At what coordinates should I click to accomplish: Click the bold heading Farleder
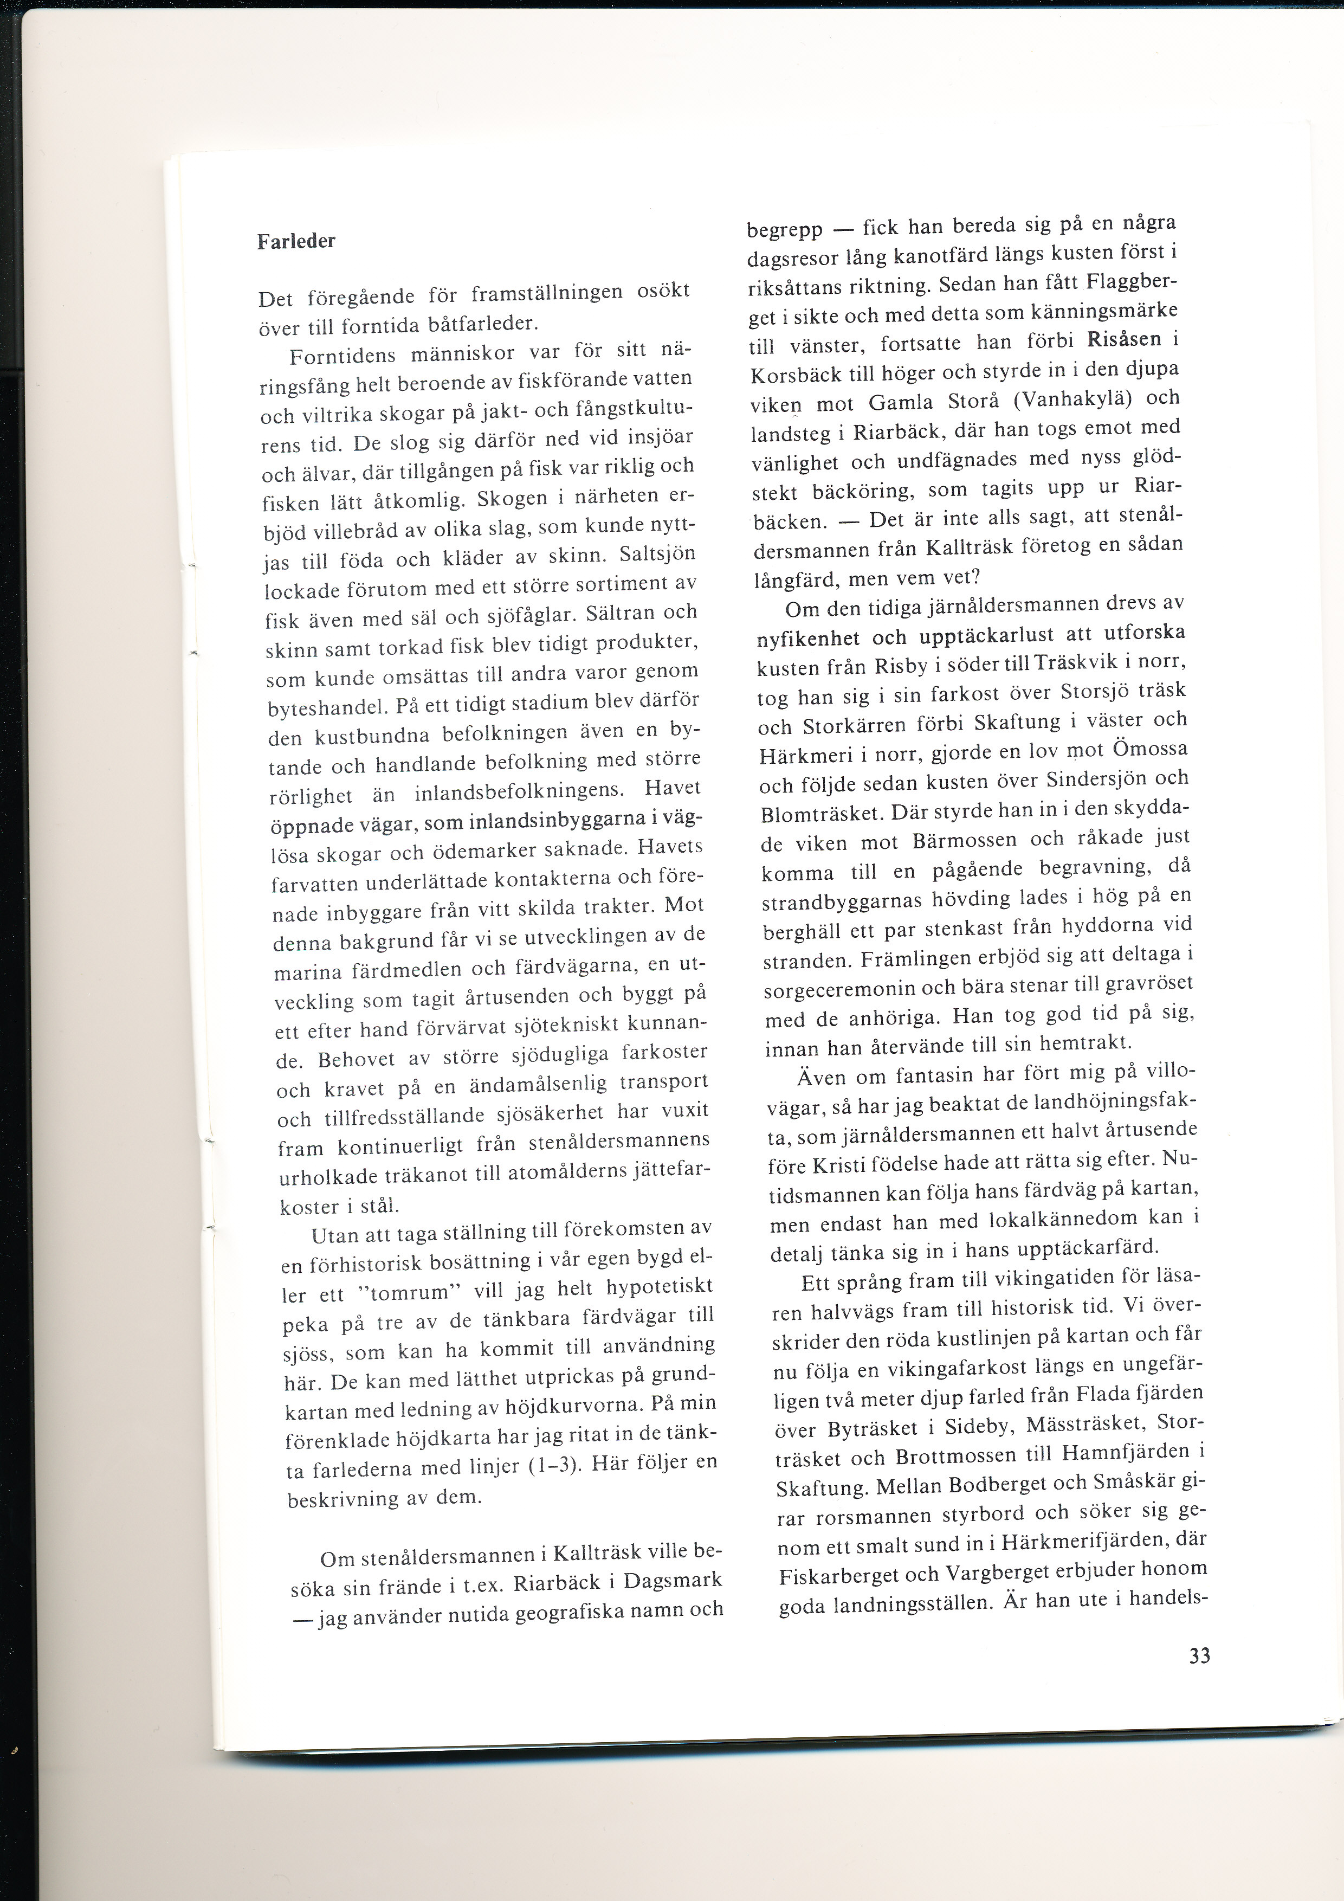(296, 242)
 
